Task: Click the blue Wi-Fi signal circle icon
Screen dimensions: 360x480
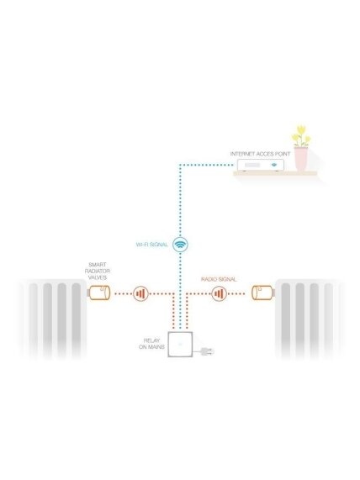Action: [180, 245]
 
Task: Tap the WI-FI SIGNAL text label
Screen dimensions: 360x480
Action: [152, 245]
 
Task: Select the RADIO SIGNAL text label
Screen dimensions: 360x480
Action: [219, 279]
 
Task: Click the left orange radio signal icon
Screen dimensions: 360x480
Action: [141, 294]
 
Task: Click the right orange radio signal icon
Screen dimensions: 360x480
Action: [219, 294]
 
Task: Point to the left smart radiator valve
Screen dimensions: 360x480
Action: [98, 293]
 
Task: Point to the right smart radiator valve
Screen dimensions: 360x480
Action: [263, 293]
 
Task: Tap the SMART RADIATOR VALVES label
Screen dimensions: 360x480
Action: [98, 271]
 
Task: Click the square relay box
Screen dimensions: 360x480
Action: [180, 345]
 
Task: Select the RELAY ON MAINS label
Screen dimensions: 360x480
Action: [151, 344]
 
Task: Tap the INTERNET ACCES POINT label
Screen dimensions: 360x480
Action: [260, 154]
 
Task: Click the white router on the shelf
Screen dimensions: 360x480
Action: [261, 166]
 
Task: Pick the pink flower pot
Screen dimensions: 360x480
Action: [300, 159]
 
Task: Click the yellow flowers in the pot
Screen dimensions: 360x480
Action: [300, 136]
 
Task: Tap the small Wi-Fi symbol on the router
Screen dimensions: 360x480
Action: [274, 165]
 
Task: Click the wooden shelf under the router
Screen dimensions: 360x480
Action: [275, 173]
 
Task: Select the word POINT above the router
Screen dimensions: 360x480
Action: [282, 154]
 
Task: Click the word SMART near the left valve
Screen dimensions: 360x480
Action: [98, 265]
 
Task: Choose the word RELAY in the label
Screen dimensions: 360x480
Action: [151, 340]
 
